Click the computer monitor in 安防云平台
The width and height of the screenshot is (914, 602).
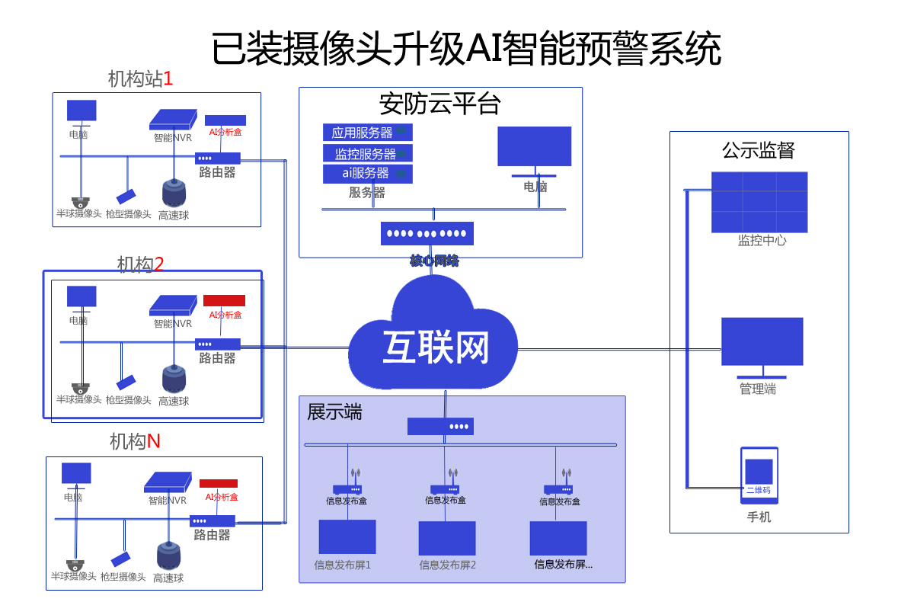pyautogui.click(x=534, y=147)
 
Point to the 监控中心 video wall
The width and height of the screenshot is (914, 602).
pyautogui.click(x=759, y=202)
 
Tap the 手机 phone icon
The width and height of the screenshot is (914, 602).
pyautogui.click(x=759, y=475)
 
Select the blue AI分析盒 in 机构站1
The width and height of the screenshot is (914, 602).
pyautogui.click(x=225, y=120)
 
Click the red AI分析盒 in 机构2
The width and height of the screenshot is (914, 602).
pyautogui.click(x=224, y=300)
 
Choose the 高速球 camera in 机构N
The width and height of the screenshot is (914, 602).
pyautogui.click(x=168, y=556)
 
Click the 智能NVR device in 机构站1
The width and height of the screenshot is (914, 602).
pyautogui.click(x=173, y=118)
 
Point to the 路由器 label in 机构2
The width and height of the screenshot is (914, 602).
pyautogui.click(x=217, y=358)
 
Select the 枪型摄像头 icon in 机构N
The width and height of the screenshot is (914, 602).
pyautogui.click(x=120, y=559)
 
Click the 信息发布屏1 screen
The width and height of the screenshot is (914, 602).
pyautogui.click(x=347, y=537)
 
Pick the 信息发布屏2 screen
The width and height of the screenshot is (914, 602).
pyautogui.click(x=447, y=538)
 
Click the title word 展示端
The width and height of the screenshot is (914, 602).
pyautogui.click(x=334, y=412)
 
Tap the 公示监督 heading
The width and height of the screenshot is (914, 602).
pyautogui.click(x=758, y=150)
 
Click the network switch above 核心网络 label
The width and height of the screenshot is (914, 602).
pyautogui.click(x=427, y=233)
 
